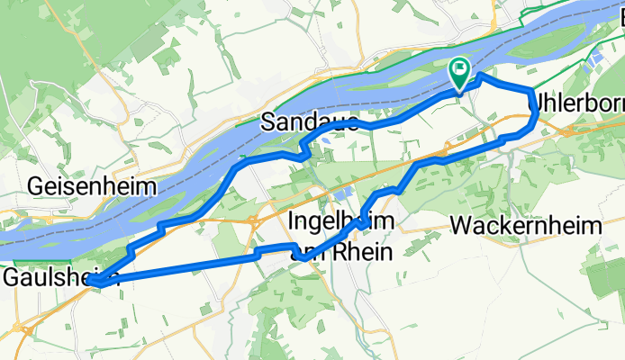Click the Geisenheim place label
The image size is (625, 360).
[x=92, y=186]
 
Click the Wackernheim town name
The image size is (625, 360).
[x=528, y=227]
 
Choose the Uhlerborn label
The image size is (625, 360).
[x=577, y=101]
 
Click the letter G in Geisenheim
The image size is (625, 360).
[x=36, y=186]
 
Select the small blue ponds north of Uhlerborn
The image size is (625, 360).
[x=593, y=61]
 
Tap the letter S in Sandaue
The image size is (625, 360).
[x=268, y=122]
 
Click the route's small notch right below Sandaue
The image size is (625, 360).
[x=304, y=154]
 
